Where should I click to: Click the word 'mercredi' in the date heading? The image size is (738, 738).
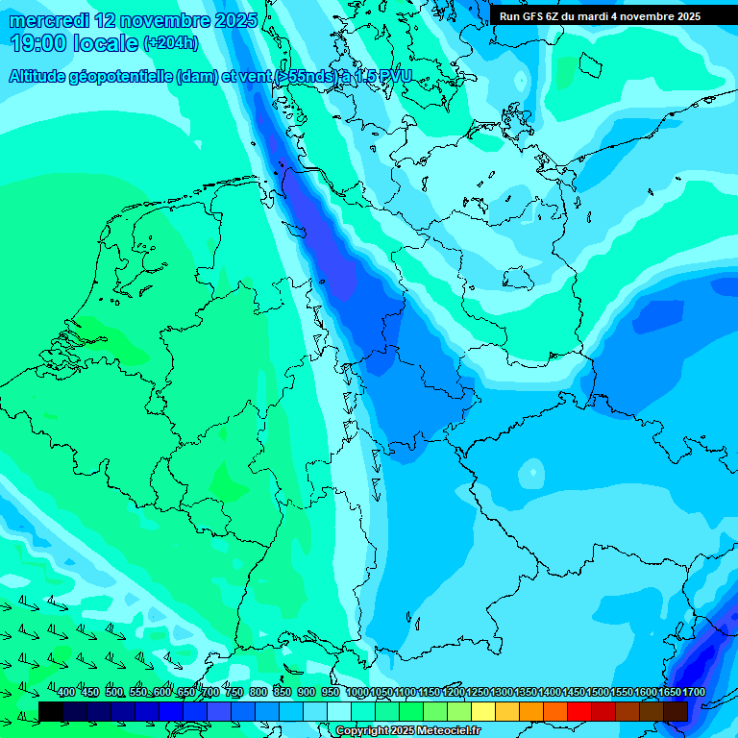[48, 20]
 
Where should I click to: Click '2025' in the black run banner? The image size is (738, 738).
[682, 16]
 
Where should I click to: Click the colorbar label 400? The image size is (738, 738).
[66, 693]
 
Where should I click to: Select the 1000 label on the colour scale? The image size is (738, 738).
[357, 693]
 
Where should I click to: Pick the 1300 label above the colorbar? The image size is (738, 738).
[502, 693]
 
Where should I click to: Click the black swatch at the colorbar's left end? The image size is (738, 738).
[51, 711]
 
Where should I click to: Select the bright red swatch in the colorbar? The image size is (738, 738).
[579, 711]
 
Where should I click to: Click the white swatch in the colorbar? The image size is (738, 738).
[339, 711]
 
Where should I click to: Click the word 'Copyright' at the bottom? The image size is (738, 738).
[362, 731]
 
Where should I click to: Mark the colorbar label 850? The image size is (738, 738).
[283, 693]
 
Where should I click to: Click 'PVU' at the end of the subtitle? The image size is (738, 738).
[393, 76]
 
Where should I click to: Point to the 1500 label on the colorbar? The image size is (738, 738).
[598, 693]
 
